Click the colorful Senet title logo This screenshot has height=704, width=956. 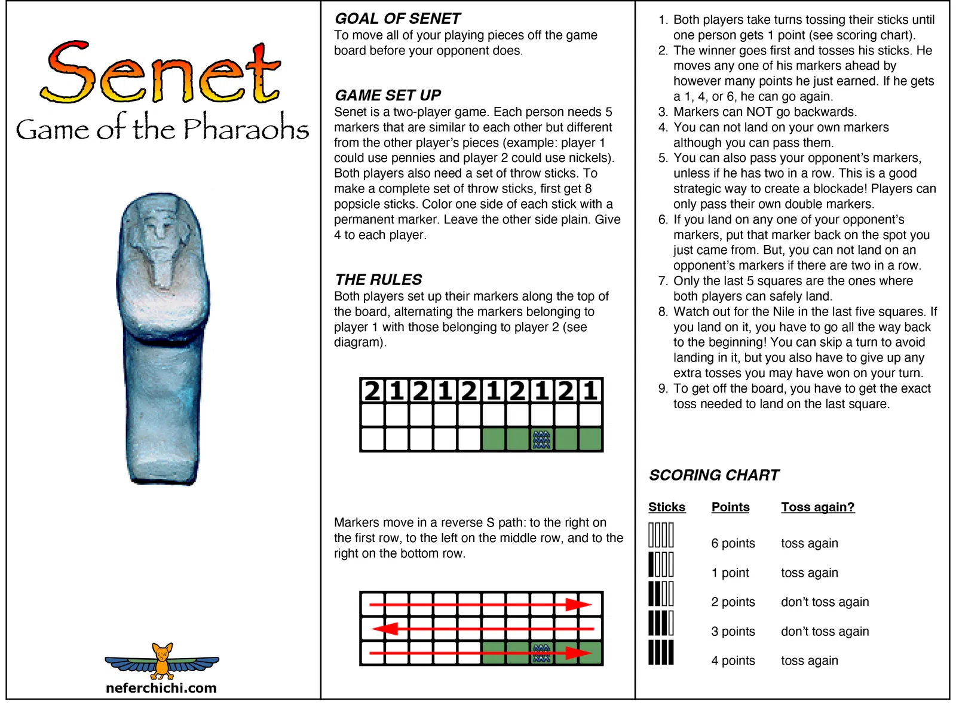tap(160, 74)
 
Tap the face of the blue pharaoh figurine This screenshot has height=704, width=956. tap(158, 230)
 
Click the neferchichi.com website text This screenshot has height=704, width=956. tap(161, 688)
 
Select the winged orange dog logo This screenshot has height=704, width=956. tap(162, 661)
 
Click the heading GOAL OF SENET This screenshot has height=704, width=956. tap(397, 19)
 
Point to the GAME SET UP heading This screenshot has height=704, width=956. tap(388, 95)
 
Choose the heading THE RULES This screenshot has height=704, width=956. tap(378, 280)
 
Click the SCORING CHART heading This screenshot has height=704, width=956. tap(714, 475)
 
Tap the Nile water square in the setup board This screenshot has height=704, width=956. tap(541, 439)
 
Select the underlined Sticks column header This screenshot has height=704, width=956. tap(667, 507)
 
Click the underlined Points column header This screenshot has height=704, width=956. tap(730, 507)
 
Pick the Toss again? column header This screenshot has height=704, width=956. tap(817, 507)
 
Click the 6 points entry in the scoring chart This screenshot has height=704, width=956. tap(733, 543)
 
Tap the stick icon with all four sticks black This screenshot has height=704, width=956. tap(661, 652)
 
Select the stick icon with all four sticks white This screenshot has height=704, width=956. tap(661, 535)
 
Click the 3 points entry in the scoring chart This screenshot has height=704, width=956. tap(733, 631)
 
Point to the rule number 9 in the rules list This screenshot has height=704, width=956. tap(663, 388)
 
